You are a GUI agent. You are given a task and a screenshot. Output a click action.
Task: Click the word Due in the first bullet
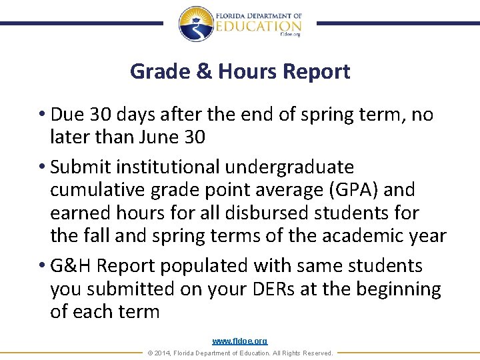coord(66,115)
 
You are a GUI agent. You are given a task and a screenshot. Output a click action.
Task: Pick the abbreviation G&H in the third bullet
coord(72,265)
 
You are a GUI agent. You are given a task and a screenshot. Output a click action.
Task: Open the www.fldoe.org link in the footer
coord(240,341)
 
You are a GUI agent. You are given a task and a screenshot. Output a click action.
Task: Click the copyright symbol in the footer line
coord(149,353)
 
